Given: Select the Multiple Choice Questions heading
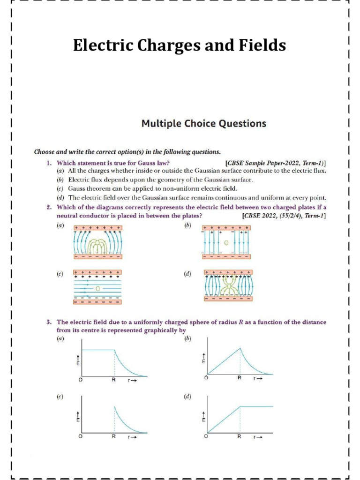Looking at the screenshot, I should pyautogui.click(x=204, y=124).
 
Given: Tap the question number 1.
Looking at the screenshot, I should pyautogui.click(x=48, y=163).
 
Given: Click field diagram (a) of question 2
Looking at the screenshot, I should pyautogui.click(x=97, y=242).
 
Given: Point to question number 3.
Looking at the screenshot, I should pyautogui.click(x=48, y=322).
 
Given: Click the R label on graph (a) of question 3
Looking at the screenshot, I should pyautogui.click(x=113, y=380).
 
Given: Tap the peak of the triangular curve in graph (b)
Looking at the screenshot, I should pyautogui.click(x=240, y=347).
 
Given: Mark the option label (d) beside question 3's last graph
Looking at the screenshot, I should pyautogui.click(x=187, y=397).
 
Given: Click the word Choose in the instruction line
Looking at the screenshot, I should pyautogui.click(x=45, y=152).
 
